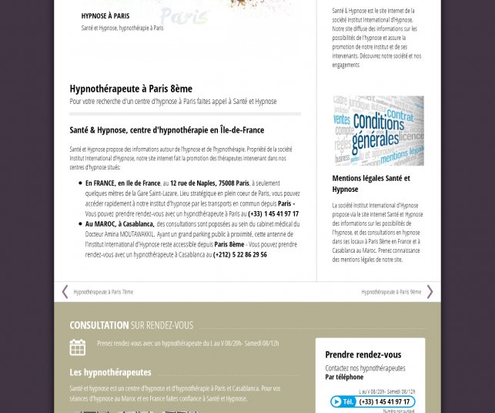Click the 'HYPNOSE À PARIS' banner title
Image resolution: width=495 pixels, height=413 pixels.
pos(105,15)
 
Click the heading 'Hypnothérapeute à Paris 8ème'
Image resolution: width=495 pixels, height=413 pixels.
pos(131,89)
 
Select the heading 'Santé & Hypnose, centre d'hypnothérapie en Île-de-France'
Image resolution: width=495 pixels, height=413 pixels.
pos(166,130)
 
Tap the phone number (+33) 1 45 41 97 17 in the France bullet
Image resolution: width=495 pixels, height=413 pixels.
pos(273,213)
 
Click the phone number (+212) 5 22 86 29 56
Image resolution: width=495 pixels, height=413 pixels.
pos(240,254)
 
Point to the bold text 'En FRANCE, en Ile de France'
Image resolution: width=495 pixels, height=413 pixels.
pos(122,183)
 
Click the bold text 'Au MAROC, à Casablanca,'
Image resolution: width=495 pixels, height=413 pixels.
pos(119,224)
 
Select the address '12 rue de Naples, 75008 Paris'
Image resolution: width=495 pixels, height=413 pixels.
pos(209,183)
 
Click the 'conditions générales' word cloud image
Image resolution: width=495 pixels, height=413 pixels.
pos(378,130)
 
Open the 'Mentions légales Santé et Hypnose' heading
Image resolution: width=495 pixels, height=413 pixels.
pos(370,183)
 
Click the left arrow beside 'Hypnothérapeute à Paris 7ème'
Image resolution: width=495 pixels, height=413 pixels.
pos(65,291)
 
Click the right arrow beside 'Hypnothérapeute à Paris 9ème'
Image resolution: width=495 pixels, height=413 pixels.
pos(430,291)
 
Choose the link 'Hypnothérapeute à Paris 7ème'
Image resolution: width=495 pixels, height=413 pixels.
pos(103,292)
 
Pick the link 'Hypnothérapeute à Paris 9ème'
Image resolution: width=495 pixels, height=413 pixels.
pos(391,292)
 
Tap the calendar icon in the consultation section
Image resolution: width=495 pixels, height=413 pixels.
pos(78,347)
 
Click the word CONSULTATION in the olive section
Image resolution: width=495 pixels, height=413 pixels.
pos(99,325)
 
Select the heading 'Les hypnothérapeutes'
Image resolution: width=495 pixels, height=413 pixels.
pos(110,372)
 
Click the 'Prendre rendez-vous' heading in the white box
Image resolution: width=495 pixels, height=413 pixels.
pos(363,354)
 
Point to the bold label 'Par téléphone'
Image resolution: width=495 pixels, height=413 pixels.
pos(344,378)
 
